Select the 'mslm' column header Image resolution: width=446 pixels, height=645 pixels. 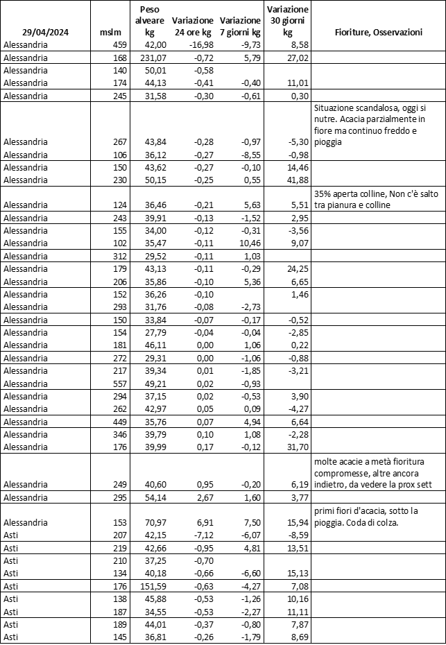[110, 33]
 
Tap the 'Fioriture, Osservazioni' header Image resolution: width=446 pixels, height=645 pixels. [378, 33]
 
